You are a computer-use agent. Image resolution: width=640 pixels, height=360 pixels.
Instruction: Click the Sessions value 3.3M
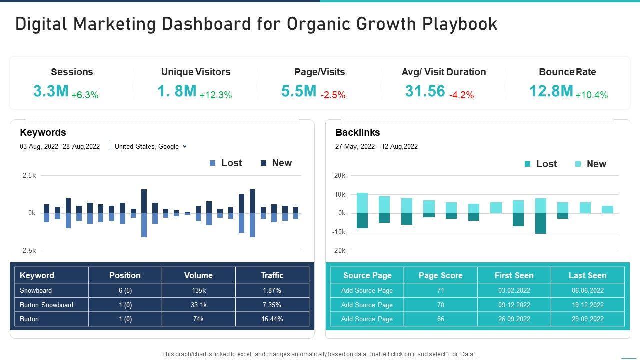pos(51,91)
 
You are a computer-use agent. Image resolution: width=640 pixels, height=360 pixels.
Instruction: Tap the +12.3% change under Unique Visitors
pos(215,95)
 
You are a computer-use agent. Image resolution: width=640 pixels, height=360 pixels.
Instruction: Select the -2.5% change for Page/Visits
pos(333,95)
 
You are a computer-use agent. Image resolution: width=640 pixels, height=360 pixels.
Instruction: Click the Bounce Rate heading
pos(567,72)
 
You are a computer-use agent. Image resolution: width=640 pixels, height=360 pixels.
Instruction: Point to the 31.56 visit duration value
pos(425,91)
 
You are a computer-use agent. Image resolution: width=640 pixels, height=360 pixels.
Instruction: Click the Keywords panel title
pos(43,133)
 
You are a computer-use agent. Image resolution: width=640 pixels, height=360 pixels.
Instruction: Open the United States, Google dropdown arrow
pos(185,146)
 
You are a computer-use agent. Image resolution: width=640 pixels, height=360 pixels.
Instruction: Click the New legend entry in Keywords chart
pos(276,163)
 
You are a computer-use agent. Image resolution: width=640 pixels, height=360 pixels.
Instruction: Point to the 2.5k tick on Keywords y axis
pos(29,176)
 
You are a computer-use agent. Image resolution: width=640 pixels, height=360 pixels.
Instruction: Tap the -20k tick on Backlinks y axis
pos(339,251)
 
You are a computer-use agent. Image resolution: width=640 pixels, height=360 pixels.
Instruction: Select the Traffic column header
pos(272,275)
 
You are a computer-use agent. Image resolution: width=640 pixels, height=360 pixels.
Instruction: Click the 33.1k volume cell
pos(198,305)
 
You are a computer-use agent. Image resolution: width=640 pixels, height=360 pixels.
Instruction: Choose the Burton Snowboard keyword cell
pos(46,305)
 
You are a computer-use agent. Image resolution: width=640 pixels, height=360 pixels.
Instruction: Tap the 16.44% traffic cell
pos(272,319)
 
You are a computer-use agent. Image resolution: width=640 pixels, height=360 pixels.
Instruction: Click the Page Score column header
pos(440,275)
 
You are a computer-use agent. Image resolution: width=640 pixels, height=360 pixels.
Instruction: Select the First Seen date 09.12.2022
pos(514,305)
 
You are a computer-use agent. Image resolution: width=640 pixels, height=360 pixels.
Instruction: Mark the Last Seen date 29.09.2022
pos(587,319)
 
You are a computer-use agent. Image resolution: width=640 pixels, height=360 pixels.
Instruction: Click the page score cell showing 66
pos(440,319)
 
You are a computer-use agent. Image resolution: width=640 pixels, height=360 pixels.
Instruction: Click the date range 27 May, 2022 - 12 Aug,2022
pos(376,146)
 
